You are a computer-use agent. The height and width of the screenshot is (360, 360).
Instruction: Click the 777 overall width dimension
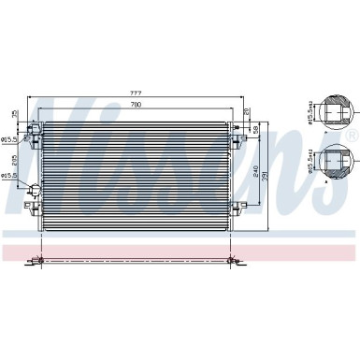(x=137, y=92)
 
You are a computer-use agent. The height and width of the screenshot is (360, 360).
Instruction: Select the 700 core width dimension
(x=137, y=104)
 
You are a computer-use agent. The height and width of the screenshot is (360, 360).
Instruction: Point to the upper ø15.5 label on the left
(x=9, y=140)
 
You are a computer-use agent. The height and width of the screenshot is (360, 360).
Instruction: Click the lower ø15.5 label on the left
(x=9, y=175)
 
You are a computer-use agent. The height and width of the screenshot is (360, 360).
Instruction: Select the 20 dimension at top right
(x=246, y=113)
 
